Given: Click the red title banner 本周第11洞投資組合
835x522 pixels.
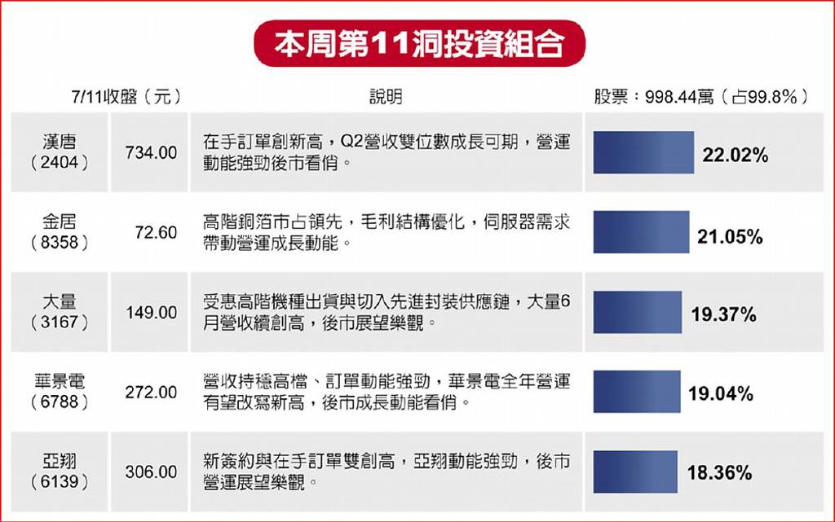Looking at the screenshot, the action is pyautogui.click(x=420, y=44).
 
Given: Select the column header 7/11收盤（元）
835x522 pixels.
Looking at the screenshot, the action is pyautogui.click(x=126, y=97).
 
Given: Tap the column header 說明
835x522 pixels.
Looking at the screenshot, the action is pyautogui.click(x=386, y=97).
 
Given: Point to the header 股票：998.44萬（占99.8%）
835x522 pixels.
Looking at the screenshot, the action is pyautogui.click(x=701, y=97).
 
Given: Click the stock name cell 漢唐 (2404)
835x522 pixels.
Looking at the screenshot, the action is pyautogui.click(x=59, y=152).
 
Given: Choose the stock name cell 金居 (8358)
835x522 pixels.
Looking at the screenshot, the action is pyautogui.click(x=59, y=232).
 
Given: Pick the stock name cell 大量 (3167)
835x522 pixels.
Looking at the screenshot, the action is pyautogui.click(x=59, y=312).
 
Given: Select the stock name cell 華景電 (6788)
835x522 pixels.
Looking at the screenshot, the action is pyautogui.click(x=59, y=391).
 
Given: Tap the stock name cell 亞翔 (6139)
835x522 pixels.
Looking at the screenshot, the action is pyautogui.click(x=59, y=471).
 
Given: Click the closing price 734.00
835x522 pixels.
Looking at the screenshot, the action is pyautogui.click(x=151, y=153).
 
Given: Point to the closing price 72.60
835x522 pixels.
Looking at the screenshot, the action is pyautogui.click(x=156, y=233).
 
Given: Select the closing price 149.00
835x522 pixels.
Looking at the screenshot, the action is pyautogui.click(x=151, y=313).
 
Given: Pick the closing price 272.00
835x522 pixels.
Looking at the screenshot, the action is pyautogui.click(x=151, y=393).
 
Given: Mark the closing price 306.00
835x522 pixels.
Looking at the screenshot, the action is pyautogui.click(x=151, y=472).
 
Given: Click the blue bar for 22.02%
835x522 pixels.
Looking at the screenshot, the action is pyautogui.click(x=644, y=152).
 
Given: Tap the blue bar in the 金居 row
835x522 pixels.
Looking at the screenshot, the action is pyautogui.click(x=642, y=232).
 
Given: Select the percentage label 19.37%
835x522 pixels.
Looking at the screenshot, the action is pyautogui.click(x=724, y=314).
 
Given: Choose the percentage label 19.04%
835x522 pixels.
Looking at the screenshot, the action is pyautogui.click(x=721, y=394).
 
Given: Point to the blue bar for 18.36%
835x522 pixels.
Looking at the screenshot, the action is pyautogui.click(x=635, y=472).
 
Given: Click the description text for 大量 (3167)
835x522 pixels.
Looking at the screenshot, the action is pyautogui.click(x=387, y=312).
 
